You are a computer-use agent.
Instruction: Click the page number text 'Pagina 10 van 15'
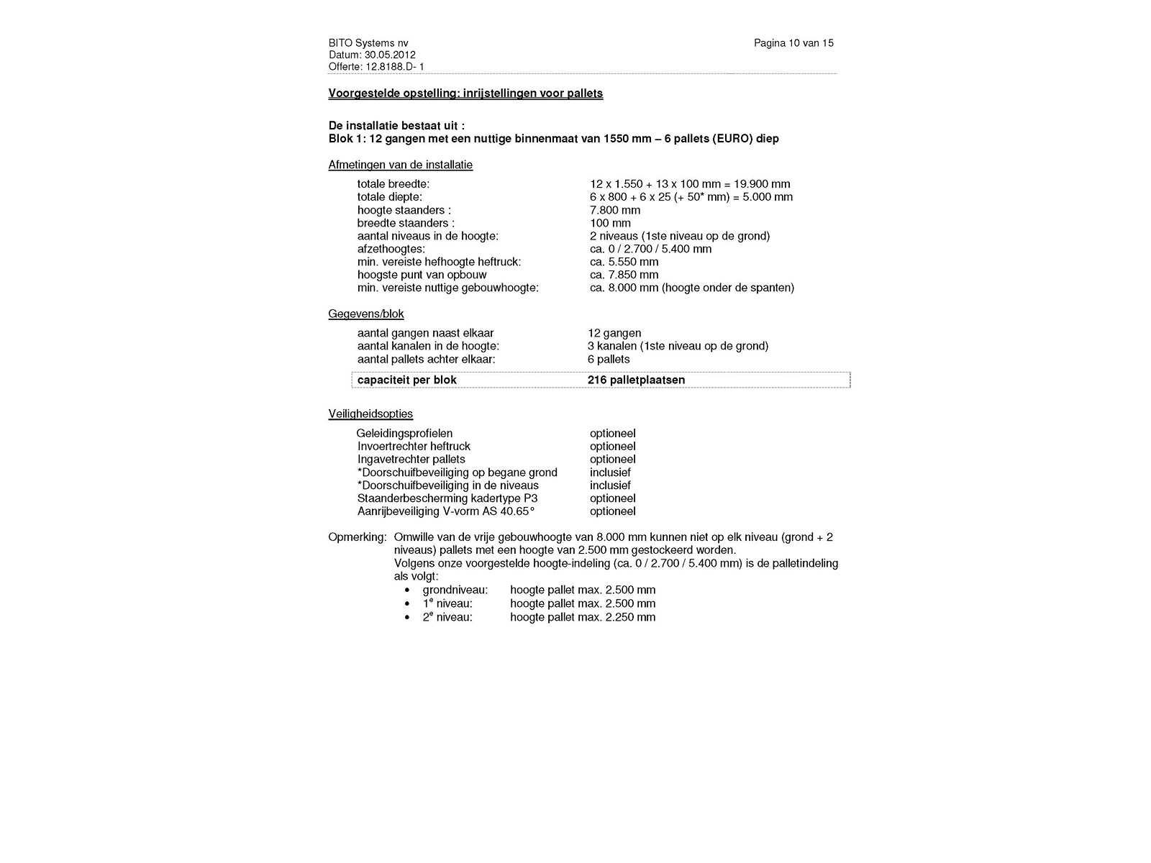click(x=793, y=43)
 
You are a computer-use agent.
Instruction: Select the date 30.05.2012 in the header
click(x=390, y=55)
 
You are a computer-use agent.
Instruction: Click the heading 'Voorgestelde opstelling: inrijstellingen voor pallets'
click(x=465, y=93)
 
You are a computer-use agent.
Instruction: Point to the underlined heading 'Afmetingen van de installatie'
click(x=401, y=165)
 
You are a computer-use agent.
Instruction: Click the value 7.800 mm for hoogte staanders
click(x=614, y=210)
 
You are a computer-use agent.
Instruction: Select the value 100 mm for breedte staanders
click(x=610, y=223)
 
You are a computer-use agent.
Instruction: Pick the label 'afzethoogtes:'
click(x=391, y=249)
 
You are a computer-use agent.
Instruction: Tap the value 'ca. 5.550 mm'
click(x=624, y=262)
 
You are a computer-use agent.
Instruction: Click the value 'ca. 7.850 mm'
click(x=624, y=275)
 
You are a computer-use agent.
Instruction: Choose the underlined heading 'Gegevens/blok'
click(x=366, y=314)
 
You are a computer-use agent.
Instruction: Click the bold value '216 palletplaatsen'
click(x=636, y=380)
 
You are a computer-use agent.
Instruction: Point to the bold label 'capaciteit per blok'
click(x=407, y=380)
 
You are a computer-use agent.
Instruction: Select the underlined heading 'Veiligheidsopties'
click(x=370, y=414)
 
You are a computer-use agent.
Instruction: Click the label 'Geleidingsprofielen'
click(x=405, y=434)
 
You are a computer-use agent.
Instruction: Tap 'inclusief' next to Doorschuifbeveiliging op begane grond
click(x=610, y=472)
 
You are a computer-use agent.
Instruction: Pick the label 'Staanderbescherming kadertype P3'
click(x=447, y=498)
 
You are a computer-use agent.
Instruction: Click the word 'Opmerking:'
click(x=357, y=537)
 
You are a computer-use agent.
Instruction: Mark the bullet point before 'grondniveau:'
click(x=407, y=590)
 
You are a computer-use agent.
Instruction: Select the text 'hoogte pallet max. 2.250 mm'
click(x=583, y=617)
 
